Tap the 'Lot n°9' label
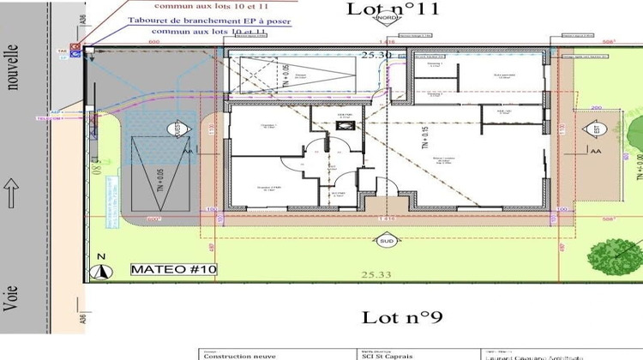tap(401, 317)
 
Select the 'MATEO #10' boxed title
tap(174, 269)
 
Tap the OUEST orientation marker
tap(177, 129)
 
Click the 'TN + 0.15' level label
tap(424, 140)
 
